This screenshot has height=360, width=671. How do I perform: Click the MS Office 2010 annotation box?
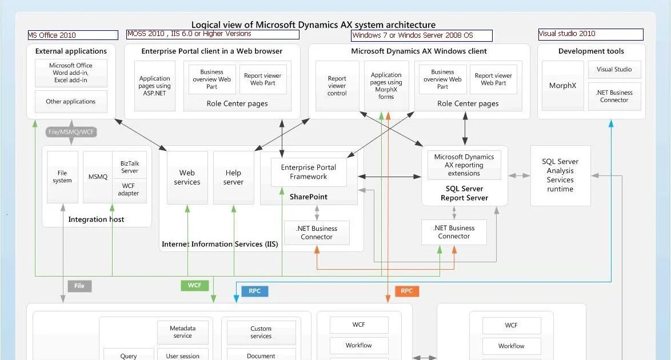[x=73, y=35]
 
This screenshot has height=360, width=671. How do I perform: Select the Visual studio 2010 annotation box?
[x=590, y=34]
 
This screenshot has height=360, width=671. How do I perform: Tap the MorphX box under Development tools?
[x=562, y=86]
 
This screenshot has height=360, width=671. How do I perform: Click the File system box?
[x=62, y=177]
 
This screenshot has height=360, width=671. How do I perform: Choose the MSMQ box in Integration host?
[x=98, y=177]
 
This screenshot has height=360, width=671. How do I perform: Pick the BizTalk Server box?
[x=130, y=167]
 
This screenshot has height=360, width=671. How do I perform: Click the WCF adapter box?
[x=129, y=190]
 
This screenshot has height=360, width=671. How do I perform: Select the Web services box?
[x=187, y=177]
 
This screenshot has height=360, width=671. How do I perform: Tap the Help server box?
[x=233, y=177]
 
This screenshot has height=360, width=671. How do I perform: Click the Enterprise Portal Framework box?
[x=309, y=172]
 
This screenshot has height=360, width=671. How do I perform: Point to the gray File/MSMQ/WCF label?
[x=71, y=132]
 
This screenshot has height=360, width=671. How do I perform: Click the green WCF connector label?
[x=195, y=285]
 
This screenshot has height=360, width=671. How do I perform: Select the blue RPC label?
[x=254, y=291]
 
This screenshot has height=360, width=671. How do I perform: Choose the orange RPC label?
[x=406, y=291]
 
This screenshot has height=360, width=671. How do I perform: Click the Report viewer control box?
[x=337, y=86]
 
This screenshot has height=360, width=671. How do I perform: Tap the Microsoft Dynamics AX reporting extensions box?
[x=464, y=165]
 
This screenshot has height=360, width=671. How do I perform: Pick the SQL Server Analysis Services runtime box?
[x=560, y=175]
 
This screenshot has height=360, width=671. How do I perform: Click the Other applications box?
[x=71, y=102]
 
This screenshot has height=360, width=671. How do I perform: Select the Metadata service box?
[x=182, y=332]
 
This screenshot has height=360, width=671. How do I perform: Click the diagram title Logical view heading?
[x=313, y=25]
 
